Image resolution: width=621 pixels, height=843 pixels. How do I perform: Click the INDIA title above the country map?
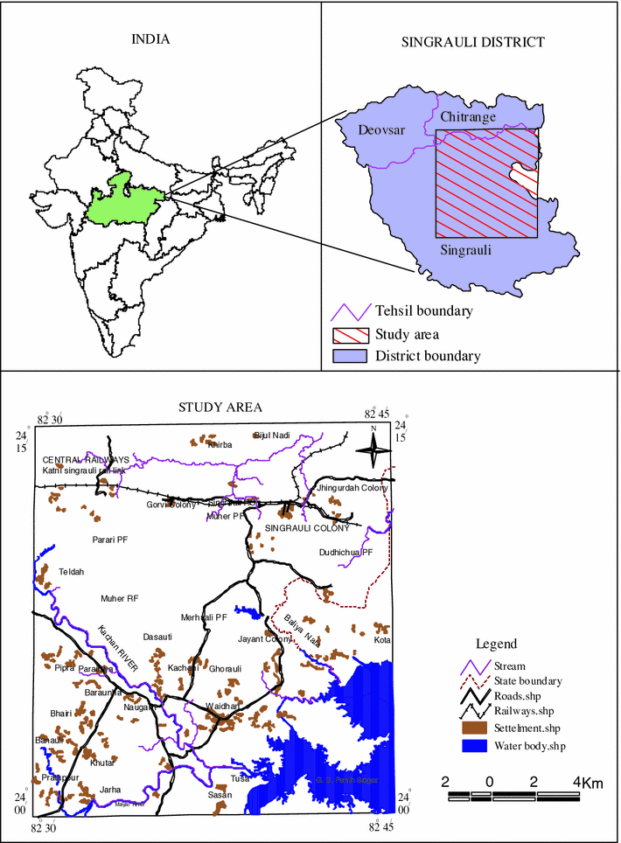150,38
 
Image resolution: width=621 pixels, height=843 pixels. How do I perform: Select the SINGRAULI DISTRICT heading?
472,42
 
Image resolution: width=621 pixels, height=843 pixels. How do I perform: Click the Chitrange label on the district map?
468,117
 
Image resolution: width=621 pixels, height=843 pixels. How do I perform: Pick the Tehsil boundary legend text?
424,311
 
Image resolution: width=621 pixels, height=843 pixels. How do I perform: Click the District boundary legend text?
428,356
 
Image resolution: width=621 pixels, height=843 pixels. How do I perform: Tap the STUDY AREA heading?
214,408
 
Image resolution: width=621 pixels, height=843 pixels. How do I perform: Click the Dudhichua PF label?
346,553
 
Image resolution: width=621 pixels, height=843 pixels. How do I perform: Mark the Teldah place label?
71,571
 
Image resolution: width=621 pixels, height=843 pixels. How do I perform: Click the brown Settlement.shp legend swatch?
475,728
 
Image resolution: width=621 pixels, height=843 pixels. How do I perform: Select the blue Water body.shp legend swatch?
475,746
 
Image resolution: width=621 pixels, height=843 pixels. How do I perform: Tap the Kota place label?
381,640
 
